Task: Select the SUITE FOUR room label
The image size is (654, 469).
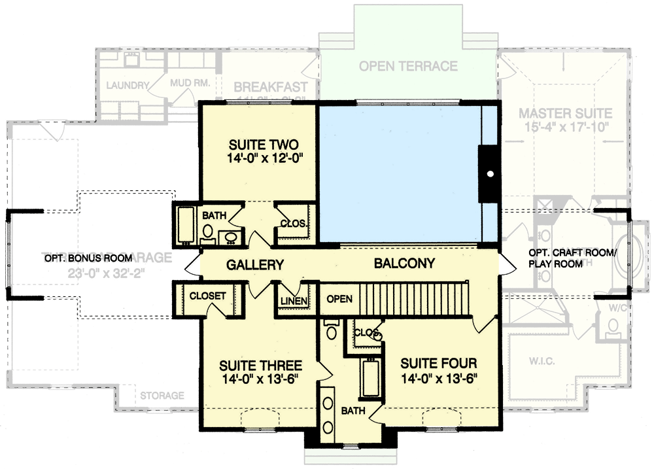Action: pyautogui.click(x=439, y=363)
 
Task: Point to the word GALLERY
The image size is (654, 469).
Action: pyautogui.click(x=254, y=265)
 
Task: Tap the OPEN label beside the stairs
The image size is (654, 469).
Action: pyautogui.click(x=339, y=299)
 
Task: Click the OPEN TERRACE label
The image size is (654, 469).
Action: pyautogui.click(x=408, y=66)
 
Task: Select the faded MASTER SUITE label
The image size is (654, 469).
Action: pyautogui.click(x=565, y=113)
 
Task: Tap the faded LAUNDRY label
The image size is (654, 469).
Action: pyautogui.click(x=128, y=85)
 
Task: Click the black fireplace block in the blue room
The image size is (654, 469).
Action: pyautogui.click(x=489, y=174)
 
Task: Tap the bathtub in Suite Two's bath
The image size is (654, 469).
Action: pyautogui.click(x=186, y=225)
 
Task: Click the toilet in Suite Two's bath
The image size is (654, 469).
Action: pyautogui.click(x=209, y=230)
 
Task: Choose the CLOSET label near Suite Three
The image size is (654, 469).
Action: pyautogui.click(x=207, y=296)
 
